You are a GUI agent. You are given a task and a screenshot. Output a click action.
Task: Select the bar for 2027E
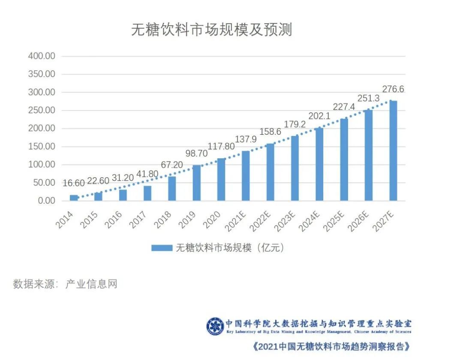(393, 151)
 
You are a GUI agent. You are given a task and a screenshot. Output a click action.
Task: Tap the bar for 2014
(74, 198)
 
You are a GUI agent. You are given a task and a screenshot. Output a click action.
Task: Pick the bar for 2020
(221, 179)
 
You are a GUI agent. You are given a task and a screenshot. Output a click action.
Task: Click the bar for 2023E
(295, 168)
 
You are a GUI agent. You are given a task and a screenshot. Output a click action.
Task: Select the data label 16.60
(73, 184)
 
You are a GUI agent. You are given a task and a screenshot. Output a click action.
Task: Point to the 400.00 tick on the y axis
(42, 56)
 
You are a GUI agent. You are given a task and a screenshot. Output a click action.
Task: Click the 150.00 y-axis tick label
(42, 147)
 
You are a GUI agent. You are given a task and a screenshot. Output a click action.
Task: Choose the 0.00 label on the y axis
(45, 201)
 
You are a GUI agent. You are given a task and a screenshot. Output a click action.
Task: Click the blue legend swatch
(162, 248)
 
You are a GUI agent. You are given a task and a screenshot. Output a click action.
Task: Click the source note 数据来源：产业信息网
(65, 284)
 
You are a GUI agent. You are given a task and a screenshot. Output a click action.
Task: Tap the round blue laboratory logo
(215, 327)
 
